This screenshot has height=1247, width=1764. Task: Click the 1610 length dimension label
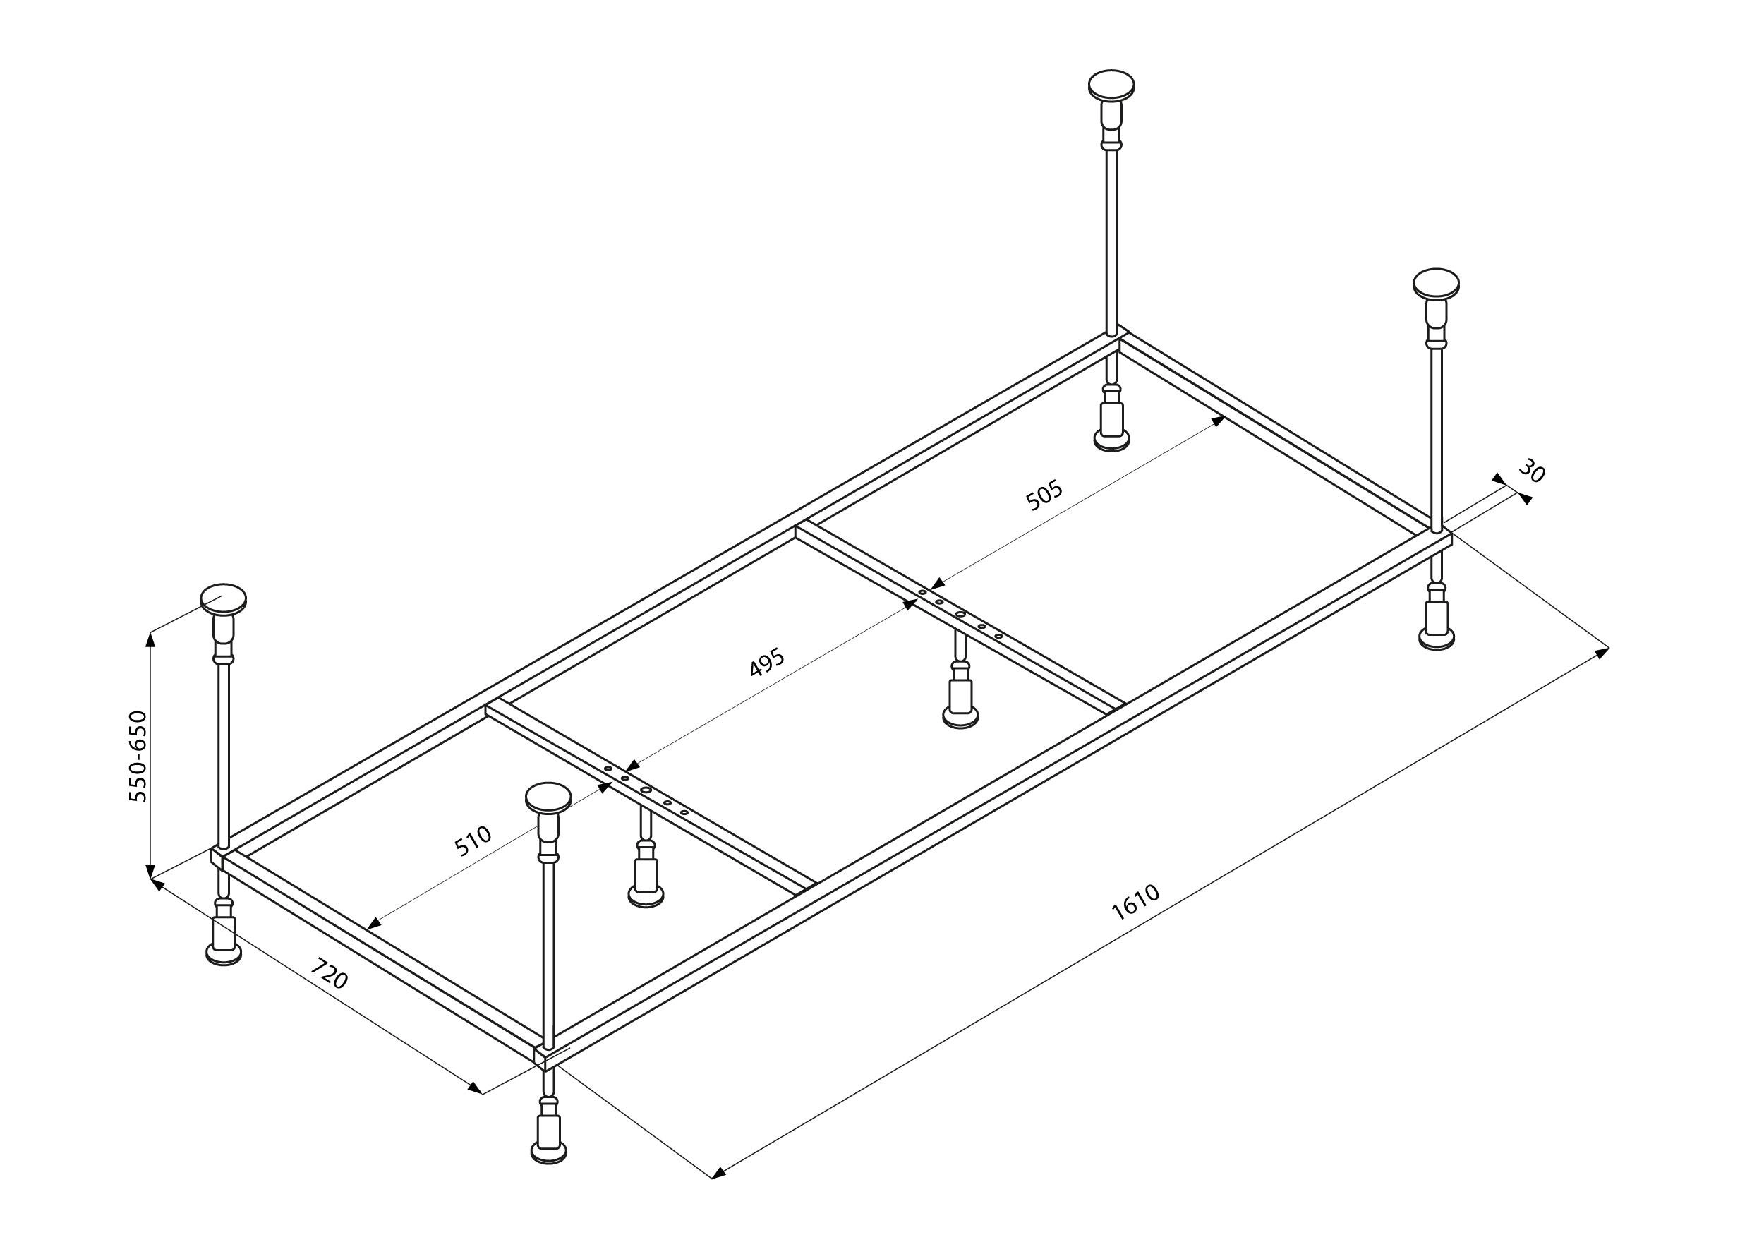click(1135, 903)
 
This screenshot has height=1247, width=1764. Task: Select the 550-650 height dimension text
click(138, 757)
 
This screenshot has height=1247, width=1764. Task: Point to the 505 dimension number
click(1044, 495)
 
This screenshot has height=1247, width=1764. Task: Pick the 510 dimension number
click(473, 841)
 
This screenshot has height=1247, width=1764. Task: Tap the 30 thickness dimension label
click(1531, 471)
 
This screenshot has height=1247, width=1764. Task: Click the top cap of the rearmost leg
click(1111, 84)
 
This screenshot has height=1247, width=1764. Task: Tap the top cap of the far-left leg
click(224, 599)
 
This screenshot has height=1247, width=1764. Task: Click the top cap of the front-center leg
click(548, 797)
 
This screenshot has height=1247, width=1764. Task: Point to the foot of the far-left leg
click(224, 954)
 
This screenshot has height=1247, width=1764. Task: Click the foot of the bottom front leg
click(550, 1151)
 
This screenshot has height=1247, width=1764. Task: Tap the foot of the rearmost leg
click(1111, 440)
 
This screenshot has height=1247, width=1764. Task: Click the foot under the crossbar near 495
click(960, 717)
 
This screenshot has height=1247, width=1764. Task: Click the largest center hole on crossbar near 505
click(960, 615)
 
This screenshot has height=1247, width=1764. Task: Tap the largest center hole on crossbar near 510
click(646, 790)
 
